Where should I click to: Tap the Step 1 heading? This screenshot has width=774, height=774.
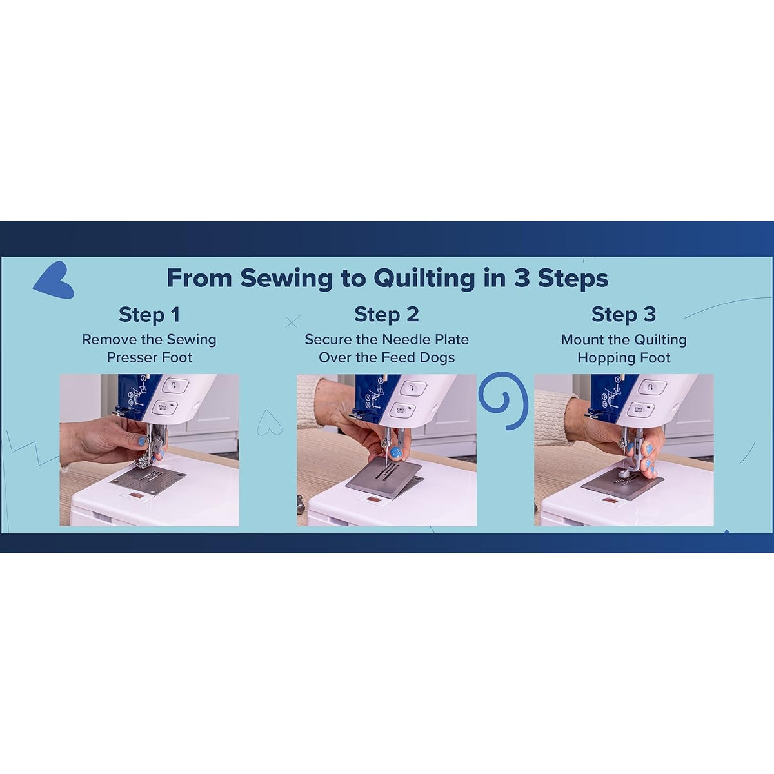point(149,315)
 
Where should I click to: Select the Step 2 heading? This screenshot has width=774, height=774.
point(386,315)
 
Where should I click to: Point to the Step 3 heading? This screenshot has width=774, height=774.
point(623,315)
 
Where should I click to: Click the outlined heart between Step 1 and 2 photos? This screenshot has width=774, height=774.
point(269,423)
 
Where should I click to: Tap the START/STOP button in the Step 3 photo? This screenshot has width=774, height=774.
point(639,409)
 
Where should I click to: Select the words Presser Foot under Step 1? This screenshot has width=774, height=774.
point(149,358)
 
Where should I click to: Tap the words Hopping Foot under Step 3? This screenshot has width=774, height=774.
point(623,358)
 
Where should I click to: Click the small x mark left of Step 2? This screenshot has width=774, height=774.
point(292,321)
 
